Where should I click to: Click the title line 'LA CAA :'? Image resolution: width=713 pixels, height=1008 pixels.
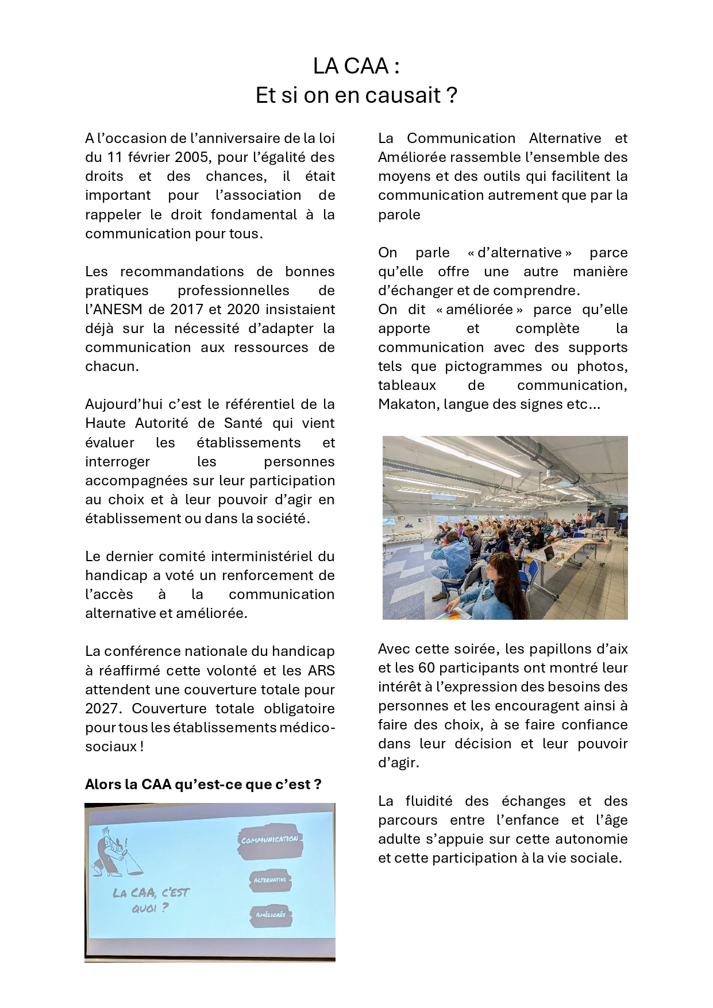tap(356, 67)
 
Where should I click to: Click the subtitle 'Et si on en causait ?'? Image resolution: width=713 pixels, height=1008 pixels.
tap(356, 95)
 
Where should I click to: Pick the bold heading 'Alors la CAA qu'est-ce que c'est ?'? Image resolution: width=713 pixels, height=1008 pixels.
tap(203, 785)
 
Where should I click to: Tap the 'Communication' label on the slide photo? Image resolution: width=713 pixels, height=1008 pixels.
tap(269, 840)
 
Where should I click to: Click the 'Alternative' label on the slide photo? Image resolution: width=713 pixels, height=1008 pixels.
tap(270, 880)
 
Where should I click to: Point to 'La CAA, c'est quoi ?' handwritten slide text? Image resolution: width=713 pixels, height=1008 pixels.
tap(151, 900)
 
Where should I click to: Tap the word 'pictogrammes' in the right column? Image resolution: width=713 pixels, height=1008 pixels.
tap(493, 366)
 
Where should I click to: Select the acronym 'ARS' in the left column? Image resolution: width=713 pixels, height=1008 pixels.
tap(321, 671)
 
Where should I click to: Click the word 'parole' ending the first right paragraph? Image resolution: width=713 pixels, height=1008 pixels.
tap(399, 215)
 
